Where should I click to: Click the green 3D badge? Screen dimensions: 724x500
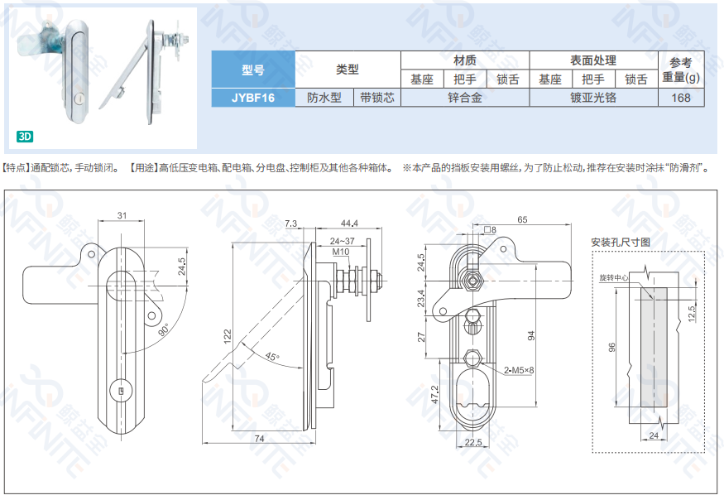[25, 137]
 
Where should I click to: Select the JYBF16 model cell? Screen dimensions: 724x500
[253, 98]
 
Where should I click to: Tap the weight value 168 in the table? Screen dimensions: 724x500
[681, 98]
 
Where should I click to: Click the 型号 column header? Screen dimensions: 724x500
[253, 70]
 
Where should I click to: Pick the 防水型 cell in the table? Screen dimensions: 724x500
[324, 98]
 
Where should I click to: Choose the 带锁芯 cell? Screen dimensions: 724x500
[377, 98]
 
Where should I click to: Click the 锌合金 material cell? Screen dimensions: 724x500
[465, 98]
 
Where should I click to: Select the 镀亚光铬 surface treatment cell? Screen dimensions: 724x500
[593, 98]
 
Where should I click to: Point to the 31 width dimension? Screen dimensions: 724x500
[122, 215]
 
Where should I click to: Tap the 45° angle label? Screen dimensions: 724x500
[272, 356]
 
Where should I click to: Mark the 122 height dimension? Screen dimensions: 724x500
[228, 336]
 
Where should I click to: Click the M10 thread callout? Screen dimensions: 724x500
[341, 252]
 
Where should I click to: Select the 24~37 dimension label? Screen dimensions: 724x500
[343, 241]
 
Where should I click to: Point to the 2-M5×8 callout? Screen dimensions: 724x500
[519, 370]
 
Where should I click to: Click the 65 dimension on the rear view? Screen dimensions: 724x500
[522, 219]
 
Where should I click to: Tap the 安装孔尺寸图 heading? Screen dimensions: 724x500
[621, 243]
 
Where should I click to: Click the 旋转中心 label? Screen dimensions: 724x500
[614, 277]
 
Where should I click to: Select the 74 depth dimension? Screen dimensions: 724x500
[260, 439]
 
